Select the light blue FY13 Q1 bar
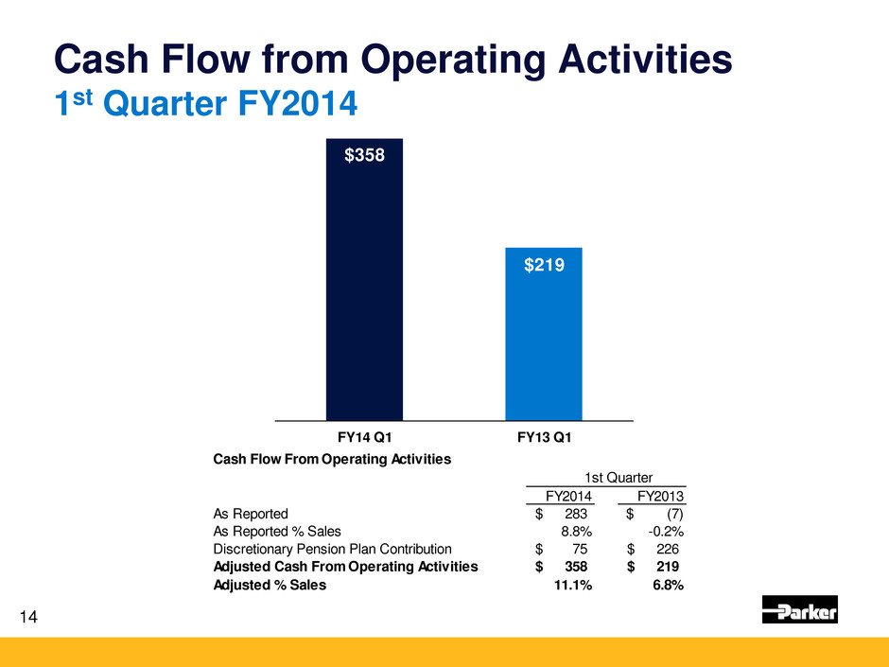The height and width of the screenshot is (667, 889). coord(543,341)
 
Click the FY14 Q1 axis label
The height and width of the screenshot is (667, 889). coord(364,437)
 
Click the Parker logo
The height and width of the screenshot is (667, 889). coord(799,610)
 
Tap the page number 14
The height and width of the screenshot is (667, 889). coord(27,618)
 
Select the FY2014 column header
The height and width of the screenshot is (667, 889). coord(570,496)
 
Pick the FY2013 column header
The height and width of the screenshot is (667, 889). coord(661,496)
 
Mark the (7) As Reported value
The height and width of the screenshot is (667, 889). coord(668,514)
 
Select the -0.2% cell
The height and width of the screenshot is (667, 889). coord(666,531)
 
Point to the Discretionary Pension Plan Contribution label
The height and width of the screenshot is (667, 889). coord(333,549)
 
